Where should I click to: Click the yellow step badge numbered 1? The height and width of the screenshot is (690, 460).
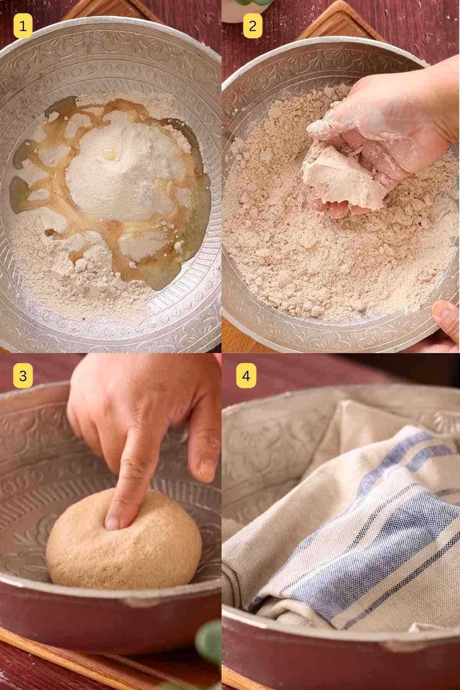pyautogui.click(x=23, y=26)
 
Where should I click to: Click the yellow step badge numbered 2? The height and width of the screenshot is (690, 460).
pyautogui.click(x=252, y=26)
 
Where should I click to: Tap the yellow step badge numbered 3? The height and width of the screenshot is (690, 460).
pyautogui.click(x=23, y=376)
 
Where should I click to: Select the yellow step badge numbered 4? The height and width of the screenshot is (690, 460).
pyautogui.click(x=246, y=376)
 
